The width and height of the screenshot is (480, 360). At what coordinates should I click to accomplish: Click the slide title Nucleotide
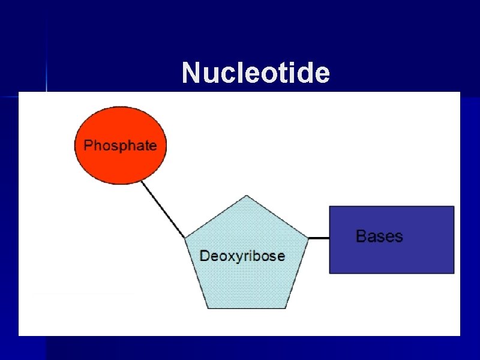click(256, 73)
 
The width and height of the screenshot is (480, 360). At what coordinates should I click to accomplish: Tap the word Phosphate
click(120, 145)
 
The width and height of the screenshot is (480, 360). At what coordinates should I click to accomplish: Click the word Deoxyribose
click(242, 256)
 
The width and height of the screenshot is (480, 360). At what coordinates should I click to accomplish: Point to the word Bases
click(379, 236)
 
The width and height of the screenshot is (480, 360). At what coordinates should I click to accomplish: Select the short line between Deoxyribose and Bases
click(319, 238)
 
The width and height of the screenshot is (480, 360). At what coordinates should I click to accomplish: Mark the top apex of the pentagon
click(247, 196)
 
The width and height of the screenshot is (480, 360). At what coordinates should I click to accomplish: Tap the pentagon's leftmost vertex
click(185, 238)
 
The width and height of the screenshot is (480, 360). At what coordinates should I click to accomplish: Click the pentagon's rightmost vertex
click(308, 238)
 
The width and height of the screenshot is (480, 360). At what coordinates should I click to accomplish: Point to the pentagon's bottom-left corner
click(208, 308)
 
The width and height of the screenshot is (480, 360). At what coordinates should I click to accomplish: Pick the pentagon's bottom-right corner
click(286, 308)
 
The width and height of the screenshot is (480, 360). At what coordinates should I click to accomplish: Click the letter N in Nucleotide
click(190, 73)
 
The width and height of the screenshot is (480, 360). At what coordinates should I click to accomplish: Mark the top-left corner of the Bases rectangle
click(329, 206)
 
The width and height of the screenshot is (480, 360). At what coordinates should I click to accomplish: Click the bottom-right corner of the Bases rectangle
click(454, 273)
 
